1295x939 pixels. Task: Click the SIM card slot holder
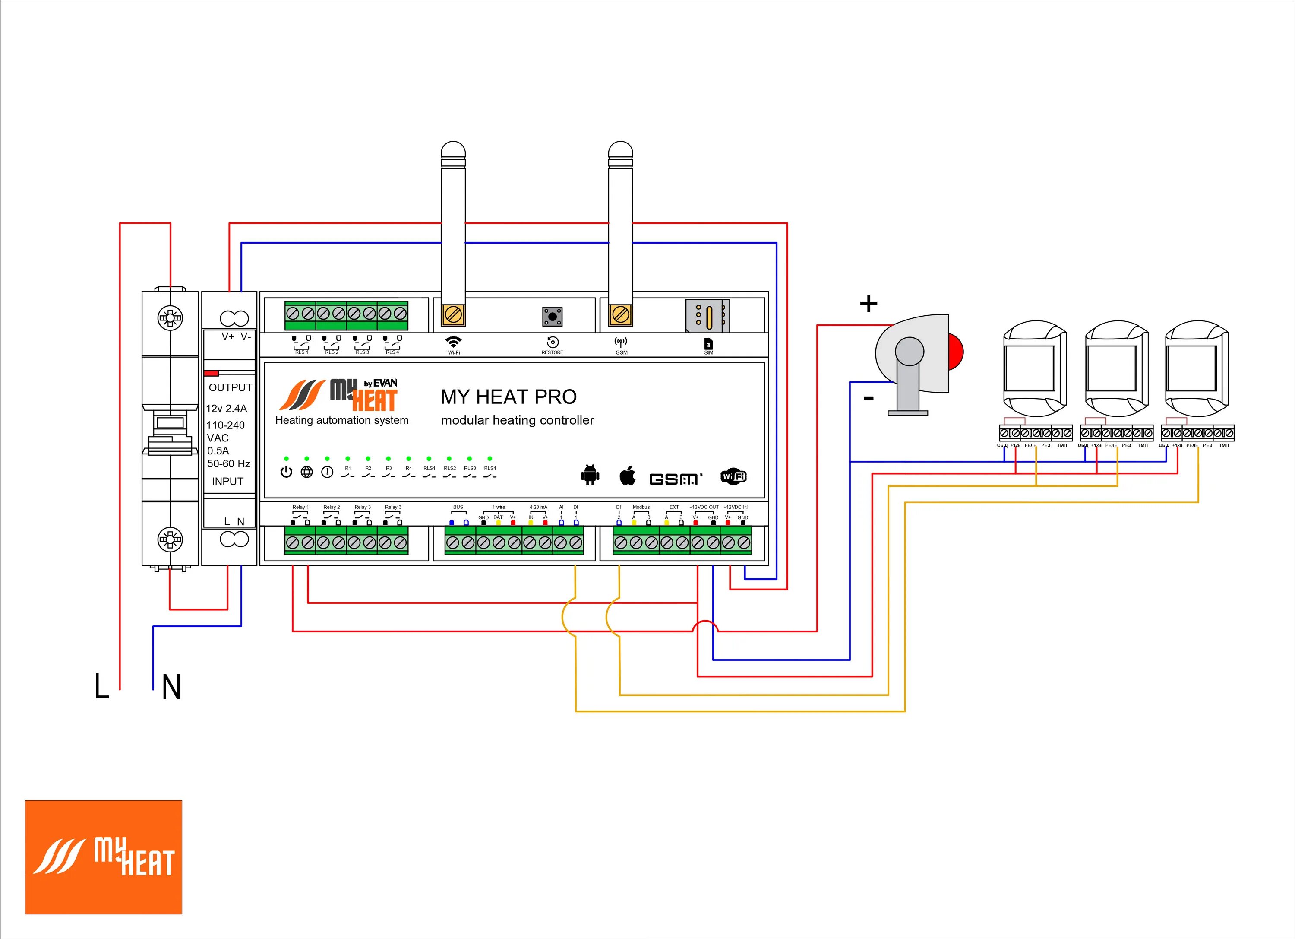708,315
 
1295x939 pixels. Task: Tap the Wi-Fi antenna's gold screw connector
453,314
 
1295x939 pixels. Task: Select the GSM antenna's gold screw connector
620,314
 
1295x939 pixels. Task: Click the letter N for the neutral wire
171,687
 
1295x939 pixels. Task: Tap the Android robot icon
590,475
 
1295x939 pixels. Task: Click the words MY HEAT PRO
508,397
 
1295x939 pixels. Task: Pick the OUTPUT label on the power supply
230,387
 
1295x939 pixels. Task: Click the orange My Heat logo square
103,857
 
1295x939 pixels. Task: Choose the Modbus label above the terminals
641,507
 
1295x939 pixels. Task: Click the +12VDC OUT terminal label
704,507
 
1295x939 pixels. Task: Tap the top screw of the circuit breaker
170,317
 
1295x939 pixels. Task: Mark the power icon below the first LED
286,473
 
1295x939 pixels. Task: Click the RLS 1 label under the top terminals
301,352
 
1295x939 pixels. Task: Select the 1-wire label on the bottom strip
499,507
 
